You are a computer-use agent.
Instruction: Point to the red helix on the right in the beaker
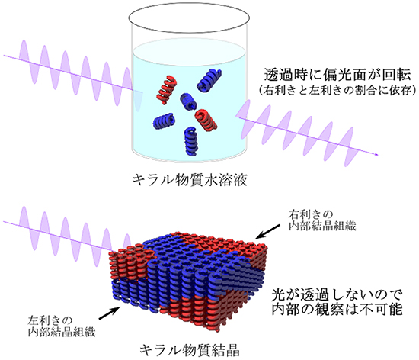click(207, 120)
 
